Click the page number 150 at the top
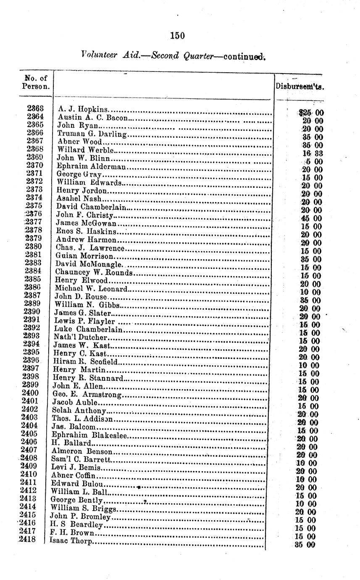178,36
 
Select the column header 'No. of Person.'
36,82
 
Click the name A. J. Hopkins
83,110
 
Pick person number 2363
36,109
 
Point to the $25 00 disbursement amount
310,112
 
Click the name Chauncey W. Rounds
94,272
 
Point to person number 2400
30,393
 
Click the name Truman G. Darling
92,134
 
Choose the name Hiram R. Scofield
86,361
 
